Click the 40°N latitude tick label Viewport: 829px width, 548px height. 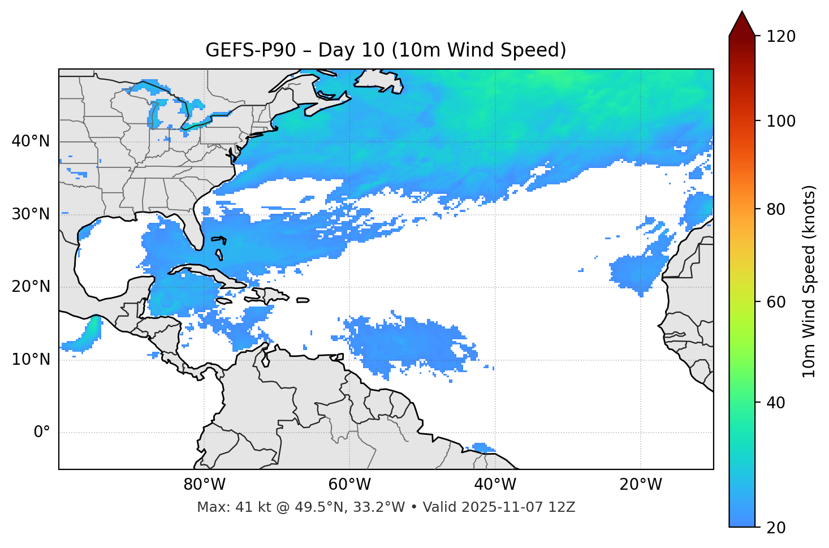click(x=31, y=141)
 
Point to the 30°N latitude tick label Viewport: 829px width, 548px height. click(x=31, y=214)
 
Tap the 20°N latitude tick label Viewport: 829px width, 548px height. click(x=31, y=287)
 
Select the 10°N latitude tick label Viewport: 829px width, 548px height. click(x=31, y=360)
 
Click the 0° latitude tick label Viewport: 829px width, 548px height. click(x=41, y=433)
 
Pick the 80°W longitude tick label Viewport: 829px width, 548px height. click(x=204, y=485)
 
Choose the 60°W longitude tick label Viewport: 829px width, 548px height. click(x=349, y=485)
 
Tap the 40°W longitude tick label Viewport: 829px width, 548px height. click(x=495, y=485)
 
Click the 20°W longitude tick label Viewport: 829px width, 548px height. click(x=641, y=485)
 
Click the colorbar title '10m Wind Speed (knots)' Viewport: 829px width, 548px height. click(x=809, y=282)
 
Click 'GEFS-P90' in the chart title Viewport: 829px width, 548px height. click(x=251, y=50)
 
